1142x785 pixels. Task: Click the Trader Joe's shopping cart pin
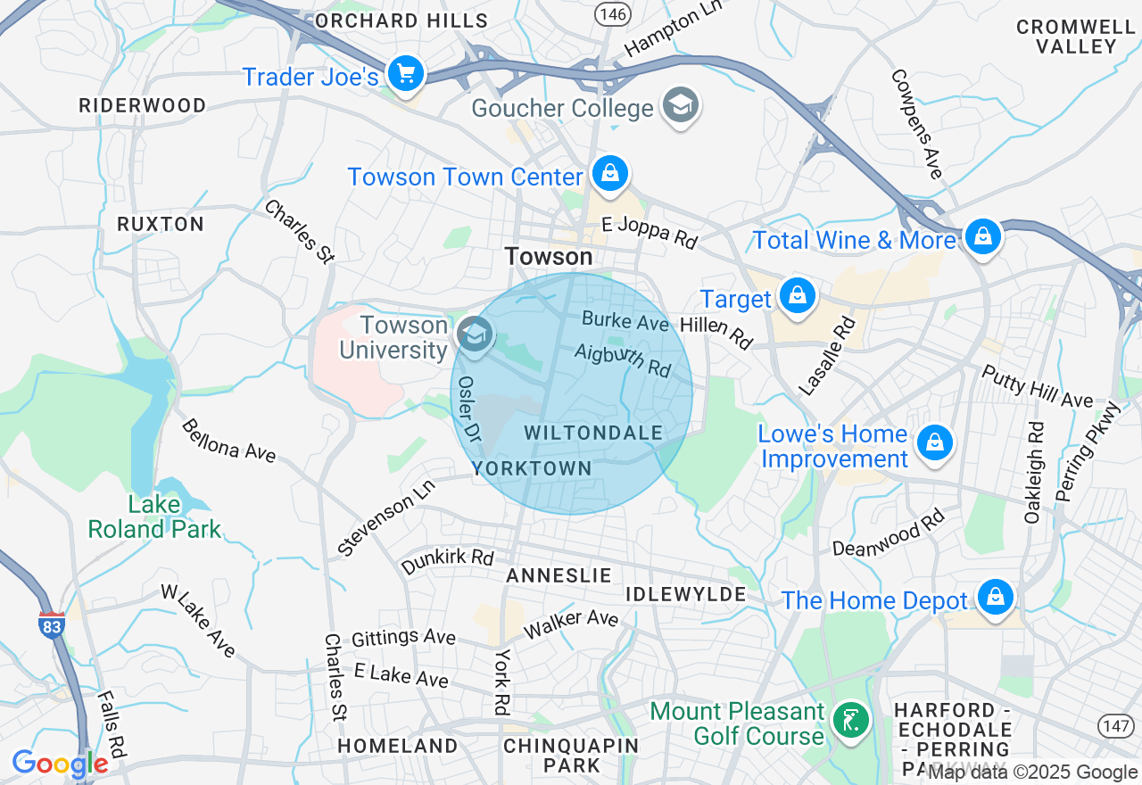point(406,72)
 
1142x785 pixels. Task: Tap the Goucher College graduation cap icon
point(681,106)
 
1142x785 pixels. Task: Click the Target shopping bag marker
point(797,295)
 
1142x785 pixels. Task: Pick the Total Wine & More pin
point(982,237)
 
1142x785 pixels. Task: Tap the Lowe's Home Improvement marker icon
point(934,442)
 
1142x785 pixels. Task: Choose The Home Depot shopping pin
point(994,597)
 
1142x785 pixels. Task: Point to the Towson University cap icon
point(475,335)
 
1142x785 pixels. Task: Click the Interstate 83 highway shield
point(52,624)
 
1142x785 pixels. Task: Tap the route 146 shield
point(613,13)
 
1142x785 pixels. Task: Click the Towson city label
point(548,257)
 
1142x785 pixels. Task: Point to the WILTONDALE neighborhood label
point(593,434)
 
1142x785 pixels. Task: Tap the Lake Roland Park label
point(154,516)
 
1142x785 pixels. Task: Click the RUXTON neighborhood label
point(161,224)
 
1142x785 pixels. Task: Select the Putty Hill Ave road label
point(1038,387)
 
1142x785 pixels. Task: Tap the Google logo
point(60,764)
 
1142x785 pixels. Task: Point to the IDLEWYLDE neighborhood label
point(685,594)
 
